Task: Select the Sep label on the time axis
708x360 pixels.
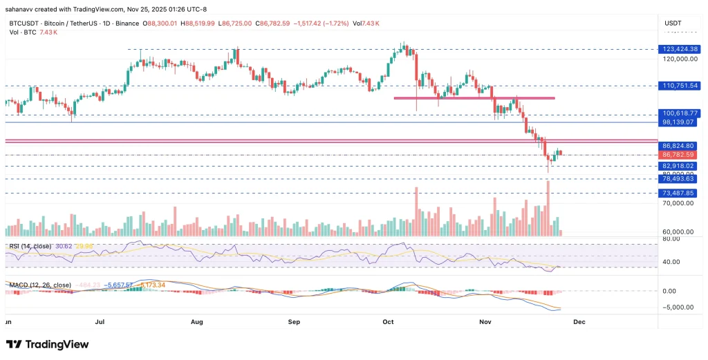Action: tap(294, 321)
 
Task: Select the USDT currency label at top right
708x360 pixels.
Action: tap(673, 23)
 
